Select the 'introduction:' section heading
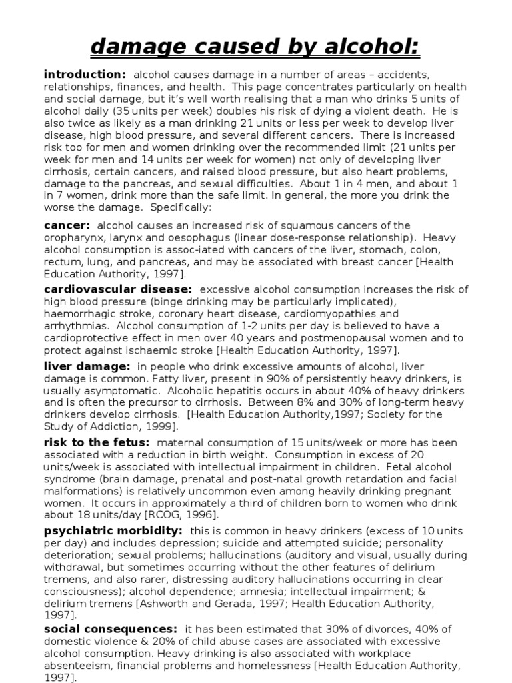(84, 74)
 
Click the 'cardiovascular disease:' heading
(118, 289)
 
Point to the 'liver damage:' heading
(87, 366)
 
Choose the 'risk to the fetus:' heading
(97, 443)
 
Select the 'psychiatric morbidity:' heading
(113, 531)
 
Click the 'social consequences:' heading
(111, 629)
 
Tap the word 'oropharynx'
(74, 238)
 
